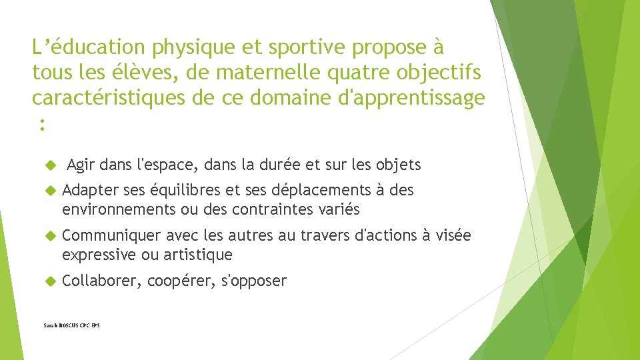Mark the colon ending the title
tap(42, 123)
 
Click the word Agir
tap(81, 164)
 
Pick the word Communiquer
tap(111, 235)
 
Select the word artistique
tap(201, 254)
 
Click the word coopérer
tap(177, 281)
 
